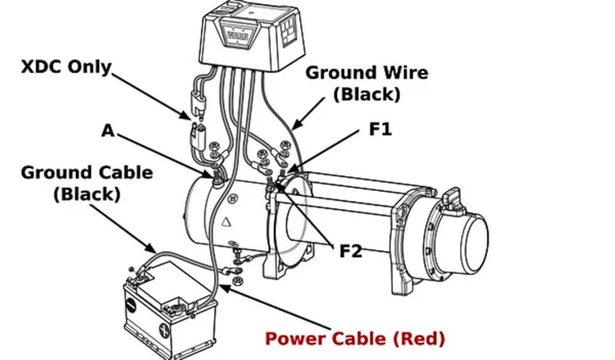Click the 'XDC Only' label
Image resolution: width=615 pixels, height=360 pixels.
pyautogui.click(x=66, y=67)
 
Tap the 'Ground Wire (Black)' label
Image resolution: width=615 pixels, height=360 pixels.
pyautogui.click(x=367, y=83)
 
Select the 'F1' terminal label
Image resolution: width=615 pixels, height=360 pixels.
pyautogui.click(x=380, y=129)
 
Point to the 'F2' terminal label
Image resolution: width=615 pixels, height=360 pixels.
pyautogui.click(x=350, y=251)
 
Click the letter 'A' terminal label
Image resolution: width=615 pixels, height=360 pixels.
pyautogui.click(x=108, y=130)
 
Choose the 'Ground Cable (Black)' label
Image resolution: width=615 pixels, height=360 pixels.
pyautogui.click(x=87, y=183)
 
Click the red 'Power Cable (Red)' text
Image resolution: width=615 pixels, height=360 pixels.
pyautogui.click(x=355, y=339)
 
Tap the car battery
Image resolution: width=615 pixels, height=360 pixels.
pyautogui.click(x=170, y=310)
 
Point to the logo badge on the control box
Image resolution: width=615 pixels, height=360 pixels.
pyautogui.click(x=237, y=36)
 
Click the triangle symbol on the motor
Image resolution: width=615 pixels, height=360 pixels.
pyautogui.click(x=225, y=222)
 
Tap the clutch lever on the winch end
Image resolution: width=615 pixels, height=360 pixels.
pyautogui.click(x=453, y=198)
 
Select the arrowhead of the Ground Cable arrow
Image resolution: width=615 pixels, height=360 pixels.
pyautogui.click(x=153, y=248)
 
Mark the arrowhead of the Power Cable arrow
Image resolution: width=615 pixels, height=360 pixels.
pyautogui.click(x=224, y=288)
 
